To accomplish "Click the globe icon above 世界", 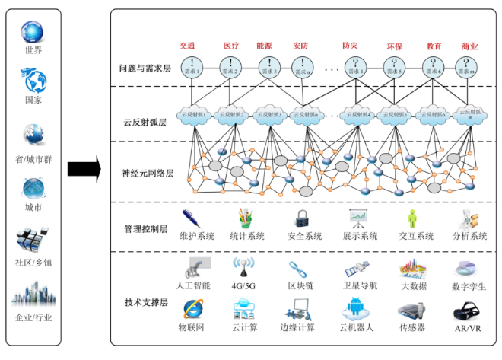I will (33, 31).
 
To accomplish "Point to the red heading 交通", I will (188, 46).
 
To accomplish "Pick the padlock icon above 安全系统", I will (302, 218).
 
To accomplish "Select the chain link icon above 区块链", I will (297, 269).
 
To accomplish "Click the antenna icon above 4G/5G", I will (243, 268).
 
